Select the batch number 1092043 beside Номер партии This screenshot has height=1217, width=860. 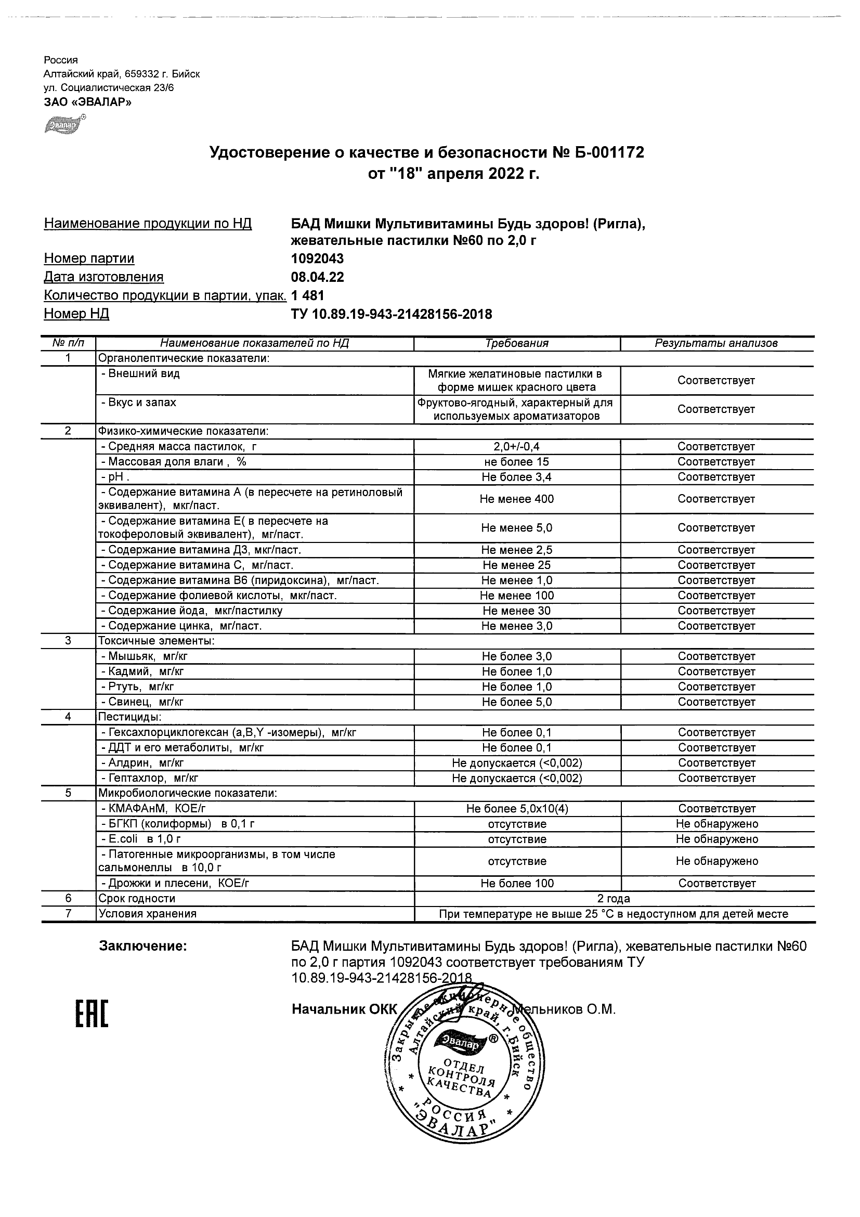click(x=317, y=258)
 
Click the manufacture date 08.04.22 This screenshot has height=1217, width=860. click(x=317, y=277)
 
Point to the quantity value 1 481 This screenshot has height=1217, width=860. click(x=307, y=296)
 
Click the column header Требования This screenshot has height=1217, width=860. click(x=517, y=343)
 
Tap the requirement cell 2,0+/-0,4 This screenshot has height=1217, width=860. click(x=517, y=447)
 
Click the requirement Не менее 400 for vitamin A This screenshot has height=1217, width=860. click(x=517, y=499)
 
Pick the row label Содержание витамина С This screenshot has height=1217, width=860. click(x=197, y=565)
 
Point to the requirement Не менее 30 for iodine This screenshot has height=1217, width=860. click(x=517, y=611)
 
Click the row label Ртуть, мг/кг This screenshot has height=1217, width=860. click(x=137, y=687)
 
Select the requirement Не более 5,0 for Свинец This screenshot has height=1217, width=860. click(x=517, y=702)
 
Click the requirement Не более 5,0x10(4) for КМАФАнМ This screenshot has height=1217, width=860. click(x=517, y=809)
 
